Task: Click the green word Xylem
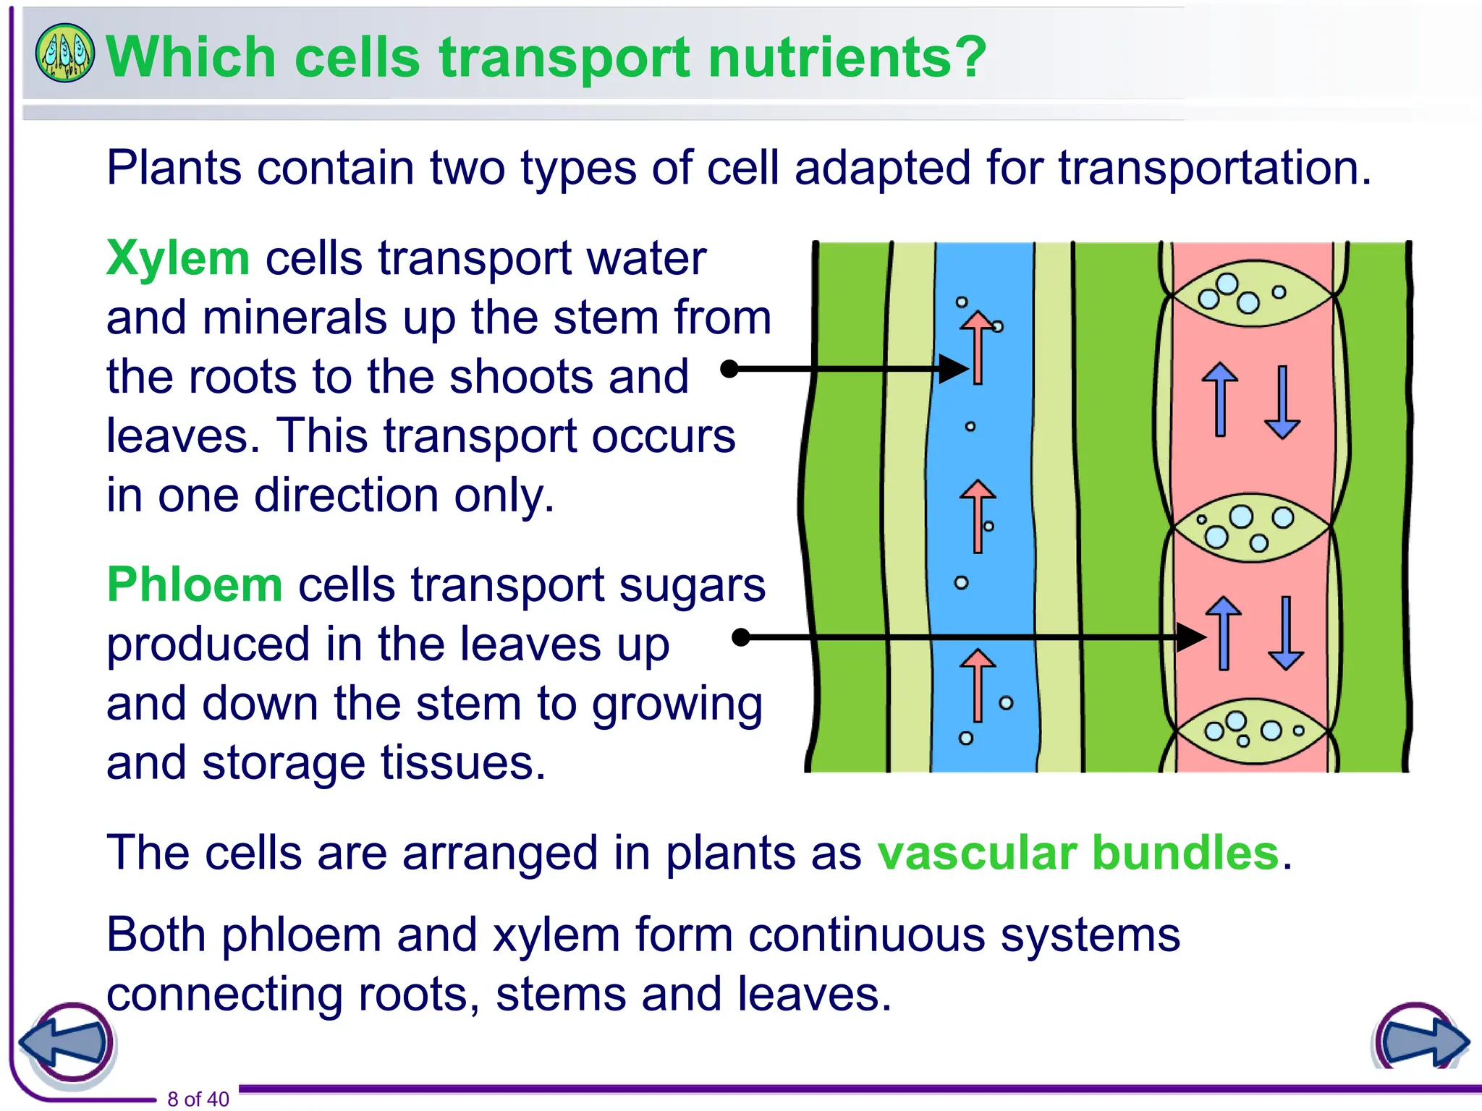click(x=177, y=258)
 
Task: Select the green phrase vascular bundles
click(x=1078, y=853)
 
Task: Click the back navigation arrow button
click(x=67, y=1044)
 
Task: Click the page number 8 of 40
click(x=198, y=1099)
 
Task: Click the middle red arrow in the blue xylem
click(x=978, y=516)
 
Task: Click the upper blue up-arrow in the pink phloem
click(x=1220, y=399)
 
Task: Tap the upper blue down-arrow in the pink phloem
click(x=1282, y=402)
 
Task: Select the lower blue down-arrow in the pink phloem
click(x=1286, y=633)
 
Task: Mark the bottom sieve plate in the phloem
click(x=1251, y=731)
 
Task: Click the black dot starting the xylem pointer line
click(x=730, y=369)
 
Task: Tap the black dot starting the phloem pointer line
click(x=741, y=637)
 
